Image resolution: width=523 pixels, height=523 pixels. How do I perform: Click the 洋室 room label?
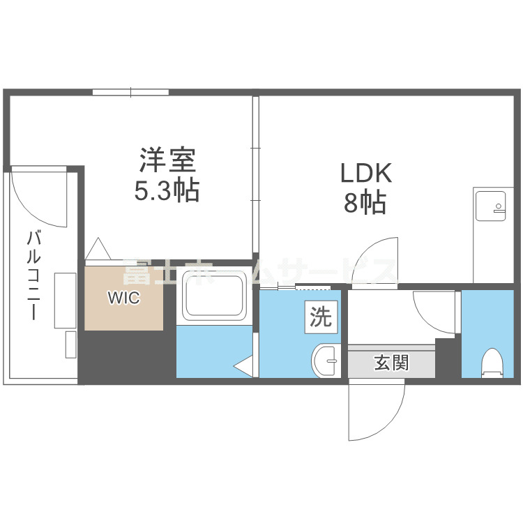(x=167, y=162)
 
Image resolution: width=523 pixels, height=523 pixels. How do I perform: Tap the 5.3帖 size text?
(x=167, y=190)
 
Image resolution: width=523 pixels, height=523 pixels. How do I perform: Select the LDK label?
(x=366, y=173)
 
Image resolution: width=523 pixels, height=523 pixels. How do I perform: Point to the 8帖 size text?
(x=365, y=202)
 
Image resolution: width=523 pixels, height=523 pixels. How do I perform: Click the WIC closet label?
(x=123, y=298)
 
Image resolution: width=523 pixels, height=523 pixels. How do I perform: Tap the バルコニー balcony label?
(x=32, y=276)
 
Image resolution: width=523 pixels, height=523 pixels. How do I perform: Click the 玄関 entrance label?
(x=391, y=363)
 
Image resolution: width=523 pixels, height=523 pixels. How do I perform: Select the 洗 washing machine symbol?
(x=321, y=318)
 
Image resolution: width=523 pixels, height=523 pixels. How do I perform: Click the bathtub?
(x=212, y=296)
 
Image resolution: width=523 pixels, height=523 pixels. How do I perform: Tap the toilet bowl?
(x=492, y=362)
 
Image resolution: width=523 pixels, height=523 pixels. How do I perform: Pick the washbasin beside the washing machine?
(x=324, y=361)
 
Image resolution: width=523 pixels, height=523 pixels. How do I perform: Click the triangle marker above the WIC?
(x=99, y=250)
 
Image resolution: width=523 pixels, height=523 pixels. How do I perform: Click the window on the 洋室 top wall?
(x=130, y=92)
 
